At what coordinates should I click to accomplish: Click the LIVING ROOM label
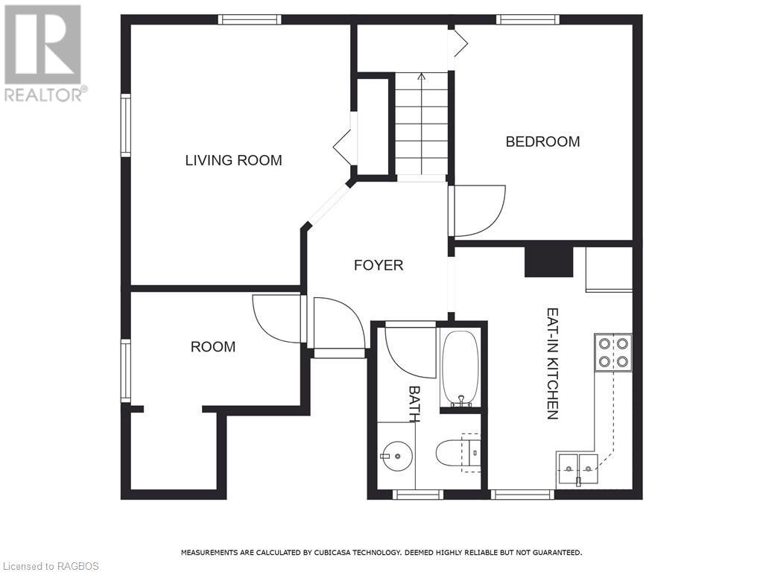point(233,160)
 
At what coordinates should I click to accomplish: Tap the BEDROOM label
point(542,142)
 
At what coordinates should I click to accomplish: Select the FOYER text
point(379,265)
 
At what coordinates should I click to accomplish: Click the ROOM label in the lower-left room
point(213,346)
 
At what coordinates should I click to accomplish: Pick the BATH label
point(414,403)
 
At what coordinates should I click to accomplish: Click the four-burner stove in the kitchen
point(612,353)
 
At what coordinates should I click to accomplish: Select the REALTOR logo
point(43,52)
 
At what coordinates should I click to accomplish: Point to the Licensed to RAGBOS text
point(50,566)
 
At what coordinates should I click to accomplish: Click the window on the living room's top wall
point(250,19)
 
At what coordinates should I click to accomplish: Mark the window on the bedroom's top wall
point(528,19)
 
